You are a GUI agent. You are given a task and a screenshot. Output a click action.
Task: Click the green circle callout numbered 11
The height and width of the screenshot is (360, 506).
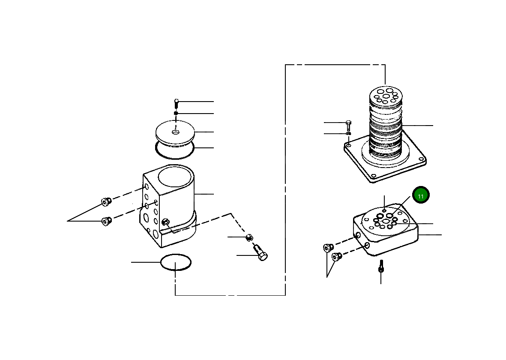coord(421,196)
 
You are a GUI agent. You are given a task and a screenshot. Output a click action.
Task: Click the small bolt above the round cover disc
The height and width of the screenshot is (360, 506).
coord(176,103)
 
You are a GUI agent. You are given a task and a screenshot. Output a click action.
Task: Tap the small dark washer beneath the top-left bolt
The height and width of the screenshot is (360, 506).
coord(176,113)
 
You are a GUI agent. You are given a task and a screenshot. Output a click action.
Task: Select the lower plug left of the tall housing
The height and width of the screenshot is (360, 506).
coord(105,221)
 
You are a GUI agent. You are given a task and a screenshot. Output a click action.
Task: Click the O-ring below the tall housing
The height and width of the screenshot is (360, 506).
coord(175,262)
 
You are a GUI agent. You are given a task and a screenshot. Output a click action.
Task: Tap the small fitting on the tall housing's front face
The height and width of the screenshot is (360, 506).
coord(166,222)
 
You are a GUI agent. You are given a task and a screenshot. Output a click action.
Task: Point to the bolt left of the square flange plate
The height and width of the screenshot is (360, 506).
coord(348,125)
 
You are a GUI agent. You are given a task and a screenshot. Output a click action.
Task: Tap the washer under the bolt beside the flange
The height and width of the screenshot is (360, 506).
coord(348,134)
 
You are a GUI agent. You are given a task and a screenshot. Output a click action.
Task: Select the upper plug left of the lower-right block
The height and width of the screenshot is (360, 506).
coord(328,247)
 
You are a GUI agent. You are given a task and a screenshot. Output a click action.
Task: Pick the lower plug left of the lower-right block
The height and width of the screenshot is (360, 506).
coord(336,257)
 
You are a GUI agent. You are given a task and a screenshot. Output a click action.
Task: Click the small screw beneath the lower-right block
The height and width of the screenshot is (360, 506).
coord(380,267)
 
